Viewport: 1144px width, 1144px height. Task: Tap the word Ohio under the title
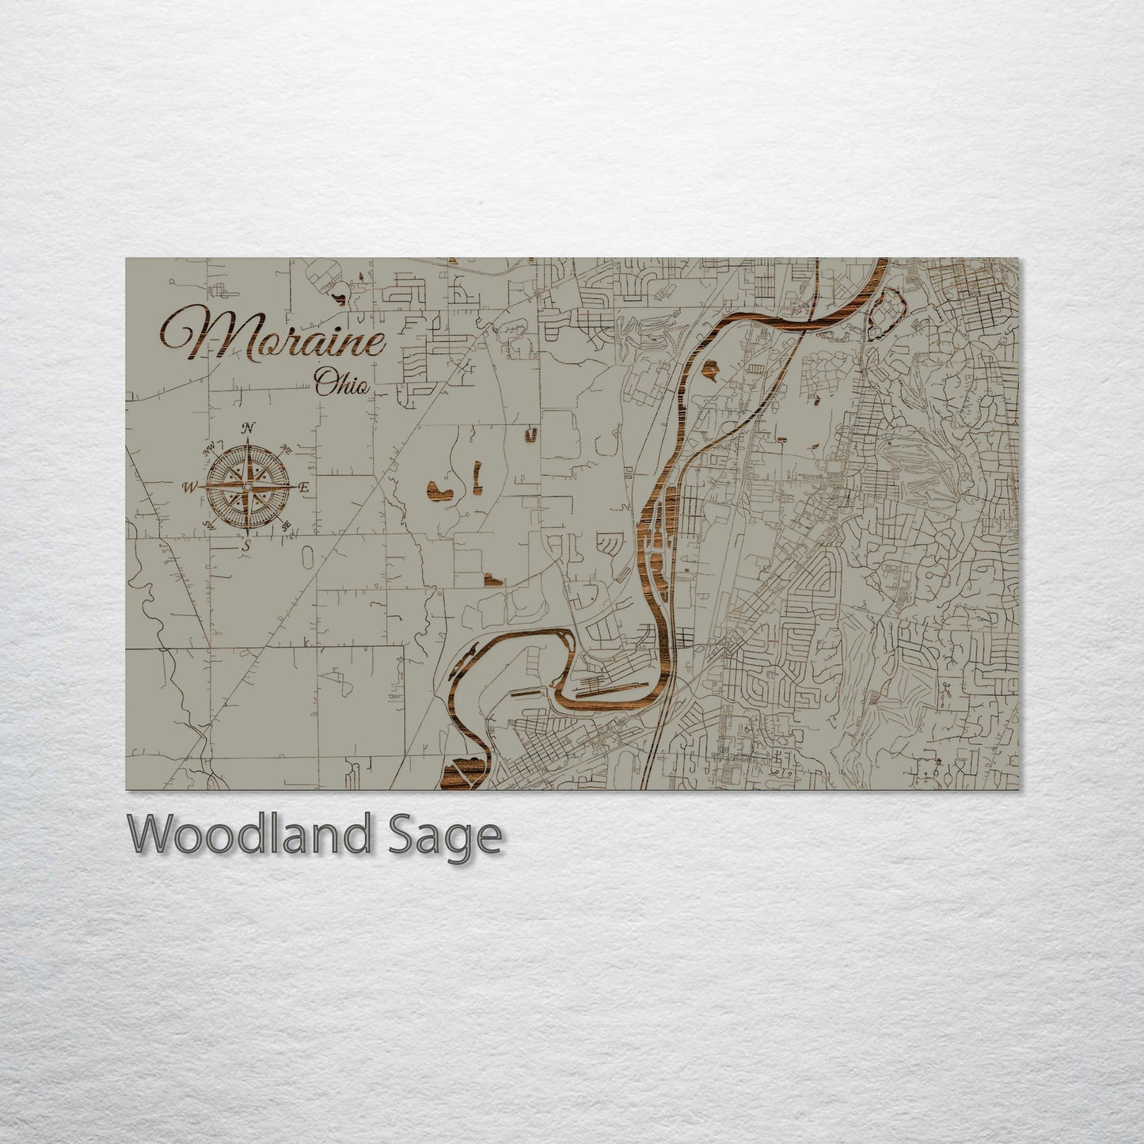coord(342,384)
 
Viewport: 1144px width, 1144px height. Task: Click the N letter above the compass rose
coord(249,428)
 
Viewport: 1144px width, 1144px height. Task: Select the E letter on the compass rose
coord(303,488)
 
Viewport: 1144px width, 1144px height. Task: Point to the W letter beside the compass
coord(190,488)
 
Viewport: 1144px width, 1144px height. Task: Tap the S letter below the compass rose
coord(246,545)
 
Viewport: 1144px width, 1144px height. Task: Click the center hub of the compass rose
coord(247,487)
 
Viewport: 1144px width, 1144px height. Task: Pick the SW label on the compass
coord(210,525)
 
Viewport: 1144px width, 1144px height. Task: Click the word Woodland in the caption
coord(245,835)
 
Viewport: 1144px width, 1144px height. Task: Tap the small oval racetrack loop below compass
coord(306,557)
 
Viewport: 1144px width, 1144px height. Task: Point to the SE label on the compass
coord(286,524)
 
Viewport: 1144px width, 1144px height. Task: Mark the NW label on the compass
coord(211,450)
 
